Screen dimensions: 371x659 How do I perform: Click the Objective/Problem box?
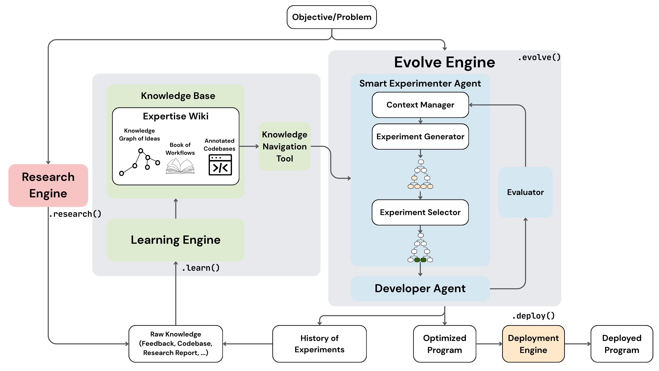[332, 17]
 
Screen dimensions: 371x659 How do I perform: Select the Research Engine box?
[48, 185]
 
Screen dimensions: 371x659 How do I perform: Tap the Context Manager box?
[420, 105]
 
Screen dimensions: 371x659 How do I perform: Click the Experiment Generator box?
[420, 137]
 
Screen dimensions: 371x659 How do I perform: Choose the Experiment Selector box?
[420, 212]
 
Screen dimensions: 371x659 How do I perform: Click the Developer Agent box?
[420, 289]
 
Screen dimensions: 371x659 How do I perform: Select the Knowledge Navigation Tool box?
[285, 147]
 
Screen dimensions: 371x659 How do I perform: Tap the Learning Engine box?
[176, 240]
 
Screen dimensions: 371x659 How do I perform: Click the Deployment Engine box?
[533, 344]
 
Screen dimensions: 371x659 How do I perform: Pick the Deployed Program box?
[622, 344]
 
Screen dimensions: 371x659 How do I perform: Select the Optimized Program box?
[445, 344]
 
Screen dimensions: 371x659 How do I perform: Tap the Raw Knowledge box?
[176, 344]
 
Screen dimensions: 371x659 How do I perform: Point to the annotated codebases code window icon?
[220, 165]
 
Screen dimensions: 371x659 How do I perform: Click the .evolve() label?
[539, 58]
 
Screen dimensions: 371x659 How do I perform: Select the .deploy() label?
[533, 316]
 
